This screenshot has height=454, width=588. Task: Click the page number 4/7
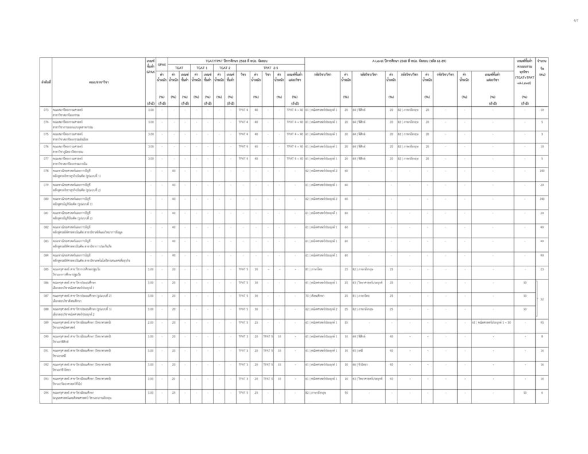click(x=576, y=20)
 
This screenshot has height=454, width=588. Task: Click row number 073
click(x=45, y=110)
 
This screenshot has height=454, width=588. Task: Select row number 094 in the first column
click(x=45, y=393)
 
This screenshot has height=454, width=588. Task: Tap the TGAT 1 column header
click(x=202, y=67)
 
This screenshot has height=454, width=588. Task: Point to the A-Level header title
click(x=409, y=60)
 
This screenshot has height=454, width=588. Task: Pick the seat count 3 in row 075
click(x=541, y=134)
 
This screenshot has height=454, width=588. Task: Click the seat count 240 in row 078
click(x=541, y=170)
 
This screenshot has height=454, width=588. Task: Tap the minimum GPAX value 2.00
click(x=151, y=323)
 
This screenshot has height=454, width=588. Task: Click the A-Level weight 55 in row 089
click(x=346, y=323)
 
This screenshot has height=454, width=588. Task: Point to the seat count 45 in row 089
click(x=541, y=323)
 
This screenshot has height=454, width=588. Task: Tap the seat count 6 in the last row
click(x=541, y=393)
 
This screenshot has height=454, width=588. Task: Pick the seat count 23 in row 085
click(x=541, y=269)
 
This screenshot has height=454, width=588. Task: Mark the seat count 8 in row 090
click(x=541, y=336)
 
